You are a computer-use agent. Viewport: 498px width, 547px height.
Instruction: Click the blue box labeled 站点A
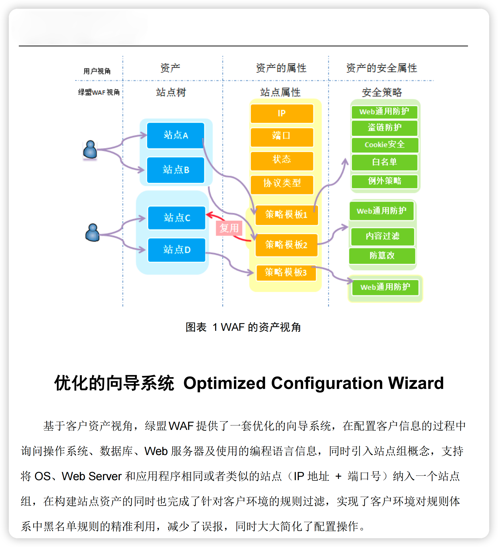click(x=176, y=135)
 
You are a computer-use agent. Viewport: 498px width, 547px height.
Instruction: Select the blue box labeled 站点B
click(x=176, y=170)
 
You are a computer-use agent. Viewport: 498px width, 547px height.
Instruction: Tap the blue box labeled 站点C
click(x=176, y=218)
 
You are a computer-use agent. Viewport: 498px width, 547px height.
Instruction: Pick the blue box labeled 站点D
click(x=176, y=250)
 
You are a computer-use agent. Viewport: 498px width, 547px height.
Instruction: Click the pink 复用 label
click(x=229, y=228)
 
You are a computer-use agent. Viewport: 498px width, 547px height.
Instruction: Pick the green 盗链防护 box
click(x=384, y=128)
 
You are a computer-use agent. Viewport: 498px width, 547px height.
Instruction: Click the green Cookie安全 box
click(x=384, y=145)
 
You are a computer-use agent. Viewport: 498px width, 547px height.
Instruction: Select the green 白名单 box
click(x=384, y=162)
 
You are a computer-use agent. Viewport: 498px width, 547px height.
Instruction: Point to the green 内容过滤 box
click(x=382, y=236)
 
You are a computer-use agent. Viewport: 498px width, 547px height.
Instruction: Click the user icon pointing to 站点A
click(x=90, y=150)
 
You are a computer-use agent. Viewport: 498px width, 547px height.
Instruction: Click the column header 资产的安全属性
click(x=382, y=68)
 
